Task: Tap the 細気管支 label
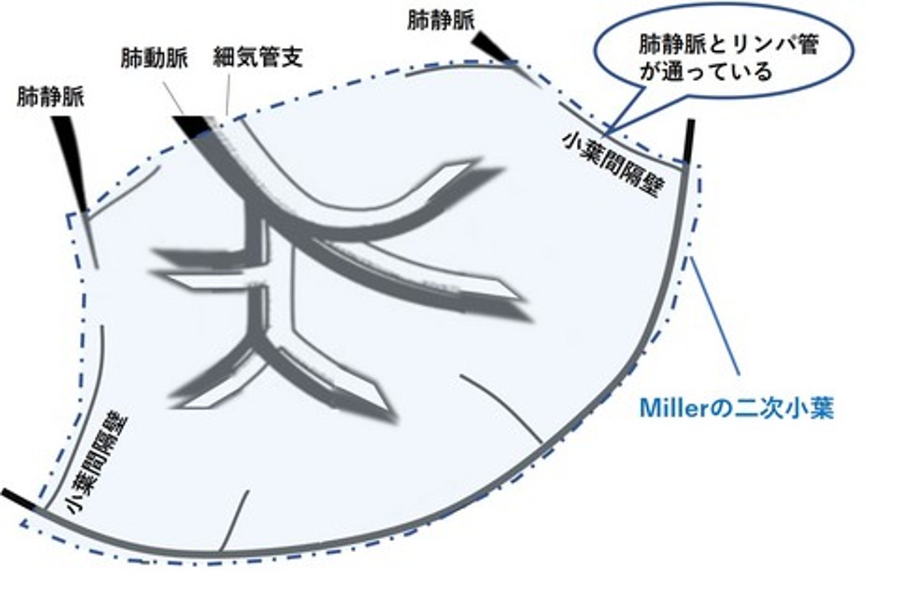click(x=257, y=57)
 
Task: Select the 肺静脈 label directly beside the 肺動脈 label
click(x=50, y=97)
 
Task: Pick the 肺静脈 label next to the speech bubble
click(x=441, y=20)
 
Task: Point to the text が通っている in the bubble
click(x=706, y=73)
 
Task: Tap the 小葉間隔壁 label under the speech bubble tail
click(x=613, y=165)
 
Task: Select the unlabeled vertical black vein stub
click(x=690, y=141)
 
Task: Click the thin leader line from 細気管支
click(x=228, y=95)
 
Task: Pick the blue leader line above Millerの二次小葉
click(x=715, y=317)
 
